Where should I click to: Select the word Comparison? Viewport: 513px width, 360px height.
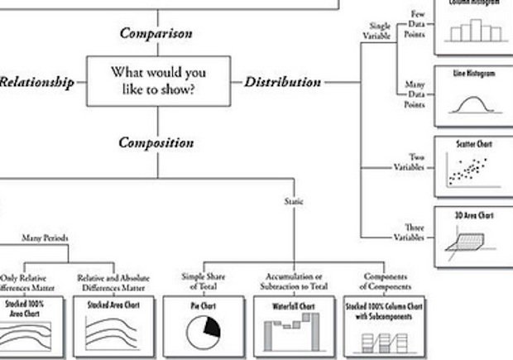coord(156,34)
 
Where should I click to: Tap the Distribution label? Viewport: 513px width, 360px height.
coord(282,82)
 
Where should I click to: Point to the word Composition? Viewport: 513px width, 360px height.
coord(156,142)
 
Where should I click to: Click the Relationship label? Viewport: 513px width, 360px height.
coord(36,82)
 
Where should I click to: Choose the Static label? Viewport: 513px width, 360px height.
coord(294,201)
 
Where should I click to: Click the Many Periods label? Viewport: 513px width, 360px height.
coord(46,238)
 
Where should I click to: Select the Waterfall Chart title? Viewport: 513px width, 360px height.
coord(293,306)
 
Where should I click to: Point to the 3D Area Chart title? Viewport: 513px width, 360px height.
coord(474,216)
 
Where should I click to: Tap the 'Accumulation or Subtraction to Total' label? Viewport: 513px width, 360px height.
coord(294,281)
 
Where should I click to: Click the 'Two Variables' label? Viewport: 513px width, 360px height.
coord(409,161)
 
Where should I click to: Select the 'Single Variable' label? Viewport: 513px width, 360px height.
coord(377,31)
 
